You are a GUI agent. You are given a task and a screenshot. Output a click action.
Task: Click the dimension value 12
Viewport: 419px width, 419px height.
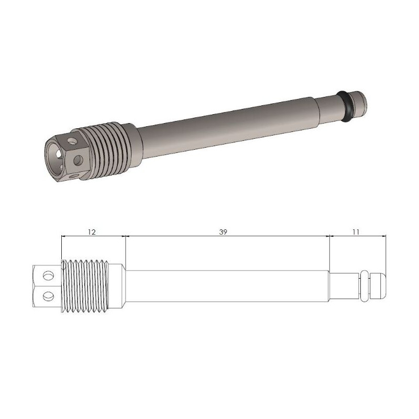click(x=91, y=232)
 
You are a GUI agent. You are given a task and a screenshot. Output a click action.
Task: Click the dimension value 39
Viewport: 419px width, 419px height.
click(x=223, y=232)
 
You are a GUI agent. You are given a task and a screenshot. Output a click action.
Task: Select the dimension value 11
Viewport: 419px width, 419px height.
click(x=356, y=232)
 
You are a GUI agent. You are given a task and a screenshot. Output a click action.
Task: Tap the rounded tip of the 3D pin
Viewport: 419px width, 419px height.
click(x=360, y=102)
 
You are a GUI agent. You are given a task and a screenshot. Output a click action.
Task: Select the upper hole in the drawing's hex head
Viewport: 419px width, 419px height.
click(x=48, y=275)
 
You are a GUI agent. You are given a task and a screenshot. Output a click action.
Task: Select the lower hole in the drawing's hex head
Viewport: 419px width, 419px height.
click(x=48, y=295)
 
